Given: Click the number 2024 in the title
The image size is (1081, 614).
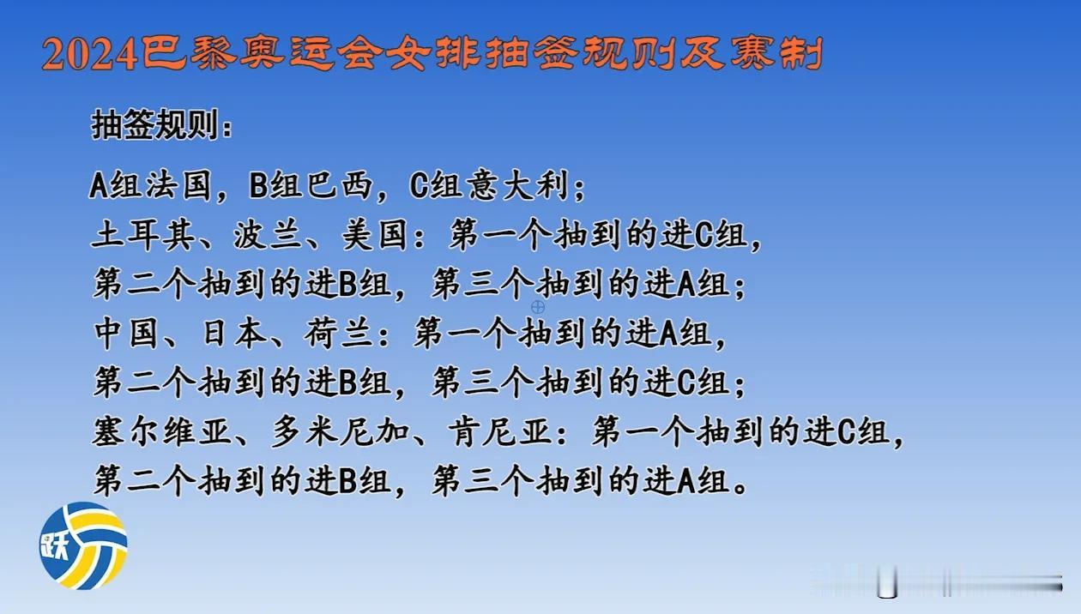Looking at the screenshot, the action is tap(90, 55).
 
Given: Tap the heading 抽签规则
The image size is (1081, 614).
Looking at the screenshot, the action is tap(155, 124).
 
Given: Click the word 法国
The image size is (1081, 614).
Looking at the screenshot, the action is tap(178, 185).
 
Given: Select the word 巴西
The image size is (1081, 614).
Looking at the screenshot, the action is tap(339, 185).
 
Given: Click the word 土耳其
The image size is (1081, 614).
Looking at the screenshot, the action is tap(142, 236).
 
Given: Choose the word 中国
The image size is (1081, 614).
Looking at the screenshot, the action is tap(125, 334).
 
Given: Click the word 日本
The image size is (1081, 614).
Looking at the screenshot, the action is tap(234, 334).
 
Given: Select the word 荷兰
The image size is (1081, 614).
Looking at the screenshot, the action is tap(339, 334).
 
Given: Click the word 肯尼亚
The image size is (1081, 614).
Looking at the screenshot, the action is tap(500, 431).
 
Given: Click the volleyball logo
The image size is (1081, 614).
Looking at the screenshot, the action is tap(83, 545).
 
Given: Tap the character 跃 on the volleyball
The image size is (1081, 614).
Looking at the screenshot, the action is tap(55, 547).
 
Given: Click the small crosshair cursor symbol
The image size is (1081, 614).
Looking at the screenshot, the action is tap(538, 306).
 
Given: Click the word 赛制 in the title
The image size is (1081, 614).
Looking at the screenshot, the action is tap(776, 53).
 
